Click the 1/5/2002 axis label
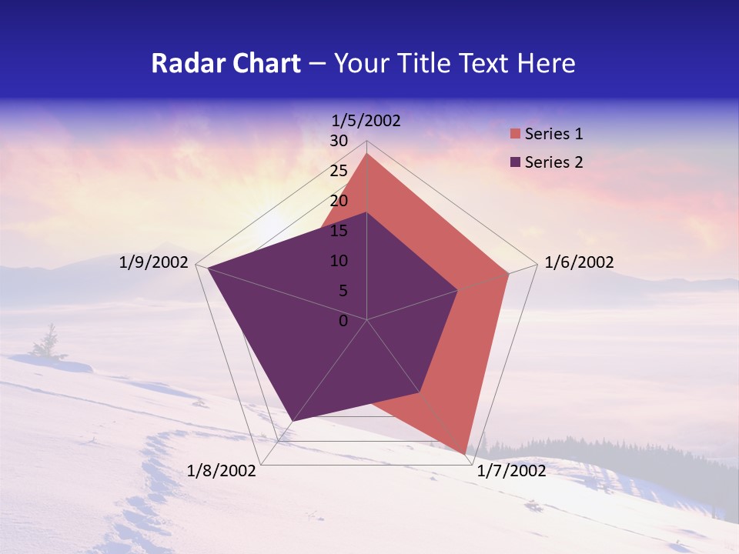pyautogui.click(x=366, y=121)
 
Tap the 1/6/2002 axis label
pyautogui.click(x=579, y=263)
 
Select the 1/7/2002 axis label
pyautogui.click(x=511, y=471)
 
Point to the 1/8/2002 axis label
pyautogui.click(x=222, y=471)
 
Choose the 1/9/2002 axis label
pyautogui.click(x=154, y=263)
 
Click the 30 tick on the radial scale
pyautogui.click(x=339, y=142)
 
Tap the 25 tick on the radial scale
pyautogui.click(x=339, y=171)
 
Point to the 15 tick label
pyautogui.click(x=339, y=231)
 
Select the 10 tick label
pyautogui.click(x=339, y=261)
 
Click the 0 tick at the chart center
pyautogui.click(x=343, y=321)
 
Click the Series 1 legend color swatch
pyautogui.click(x=516, y=134)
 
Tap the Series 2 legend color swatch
pyautogui.click(x=516, y=162)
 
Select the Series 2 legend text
pyautogui.click(x=553, y=162)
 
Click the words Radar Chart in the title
pyautogui.click(x=226, y=63)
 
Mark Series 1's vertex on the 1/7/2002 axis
pyautogui.click(x=466, y=454)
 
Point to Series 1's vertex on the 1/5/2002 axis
pyautogui.click(x=367, y=154)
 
